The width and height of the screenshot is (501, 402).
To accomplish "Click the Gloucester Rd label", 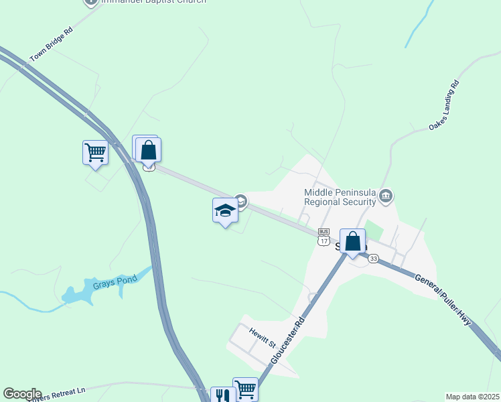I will click(x=288, y=340).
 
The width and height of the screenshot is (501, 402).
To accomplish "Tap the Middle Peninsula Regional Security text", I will click(x=339, y=197).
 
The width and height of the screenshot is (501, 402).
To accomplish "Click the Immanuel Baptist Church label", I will click(x=153, y=1).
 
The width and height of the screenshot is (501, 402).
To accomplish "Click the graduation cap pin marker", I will click(x=225, y=211).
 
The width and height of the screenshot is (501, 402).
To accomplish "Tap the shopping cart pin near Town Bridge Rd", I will click(x=95, y=153).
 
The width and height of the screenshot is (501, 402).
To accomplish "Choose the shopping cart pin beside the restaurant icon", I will click(x=245, y=389).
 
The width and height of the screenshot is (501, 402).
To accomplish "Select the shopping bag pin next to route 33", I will click(x=352, y=242).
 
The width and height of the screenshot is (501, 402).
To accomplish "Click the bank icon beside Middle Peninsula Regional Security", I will click(x=385, y=196).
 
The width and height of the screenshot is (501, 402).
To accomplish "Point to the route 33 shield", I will click(x=373, y=259).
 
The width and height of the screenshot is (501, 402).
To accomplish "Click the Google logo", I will click(x=22, y=394).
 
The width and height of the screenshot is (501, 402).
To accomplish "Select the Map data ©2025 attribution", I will click(x=472, y=397).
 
